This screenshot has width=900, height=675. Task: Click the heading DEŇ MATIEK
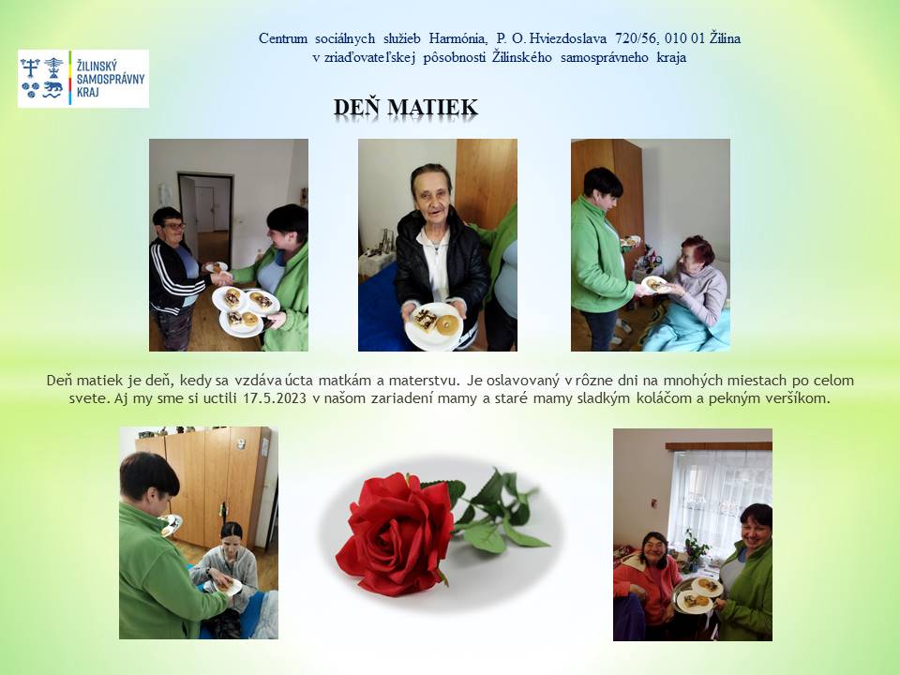point(406,107)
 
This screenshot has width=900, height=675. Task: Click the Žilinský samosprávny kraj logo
point(83,79)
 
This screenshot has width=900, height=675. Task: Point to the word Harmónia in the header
point(458,38)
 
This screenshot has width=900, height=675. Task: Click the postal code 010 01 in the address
point(684,38)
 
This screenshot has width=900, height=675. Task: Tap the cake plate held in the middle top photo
point(434,326)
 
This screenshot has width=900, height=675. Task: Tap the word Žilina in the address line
point(725,38)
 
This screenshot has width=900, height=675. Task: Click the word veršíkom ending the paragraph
point(799,397)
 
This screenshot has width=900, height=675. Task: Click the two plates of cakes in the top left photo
point(246,310)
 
